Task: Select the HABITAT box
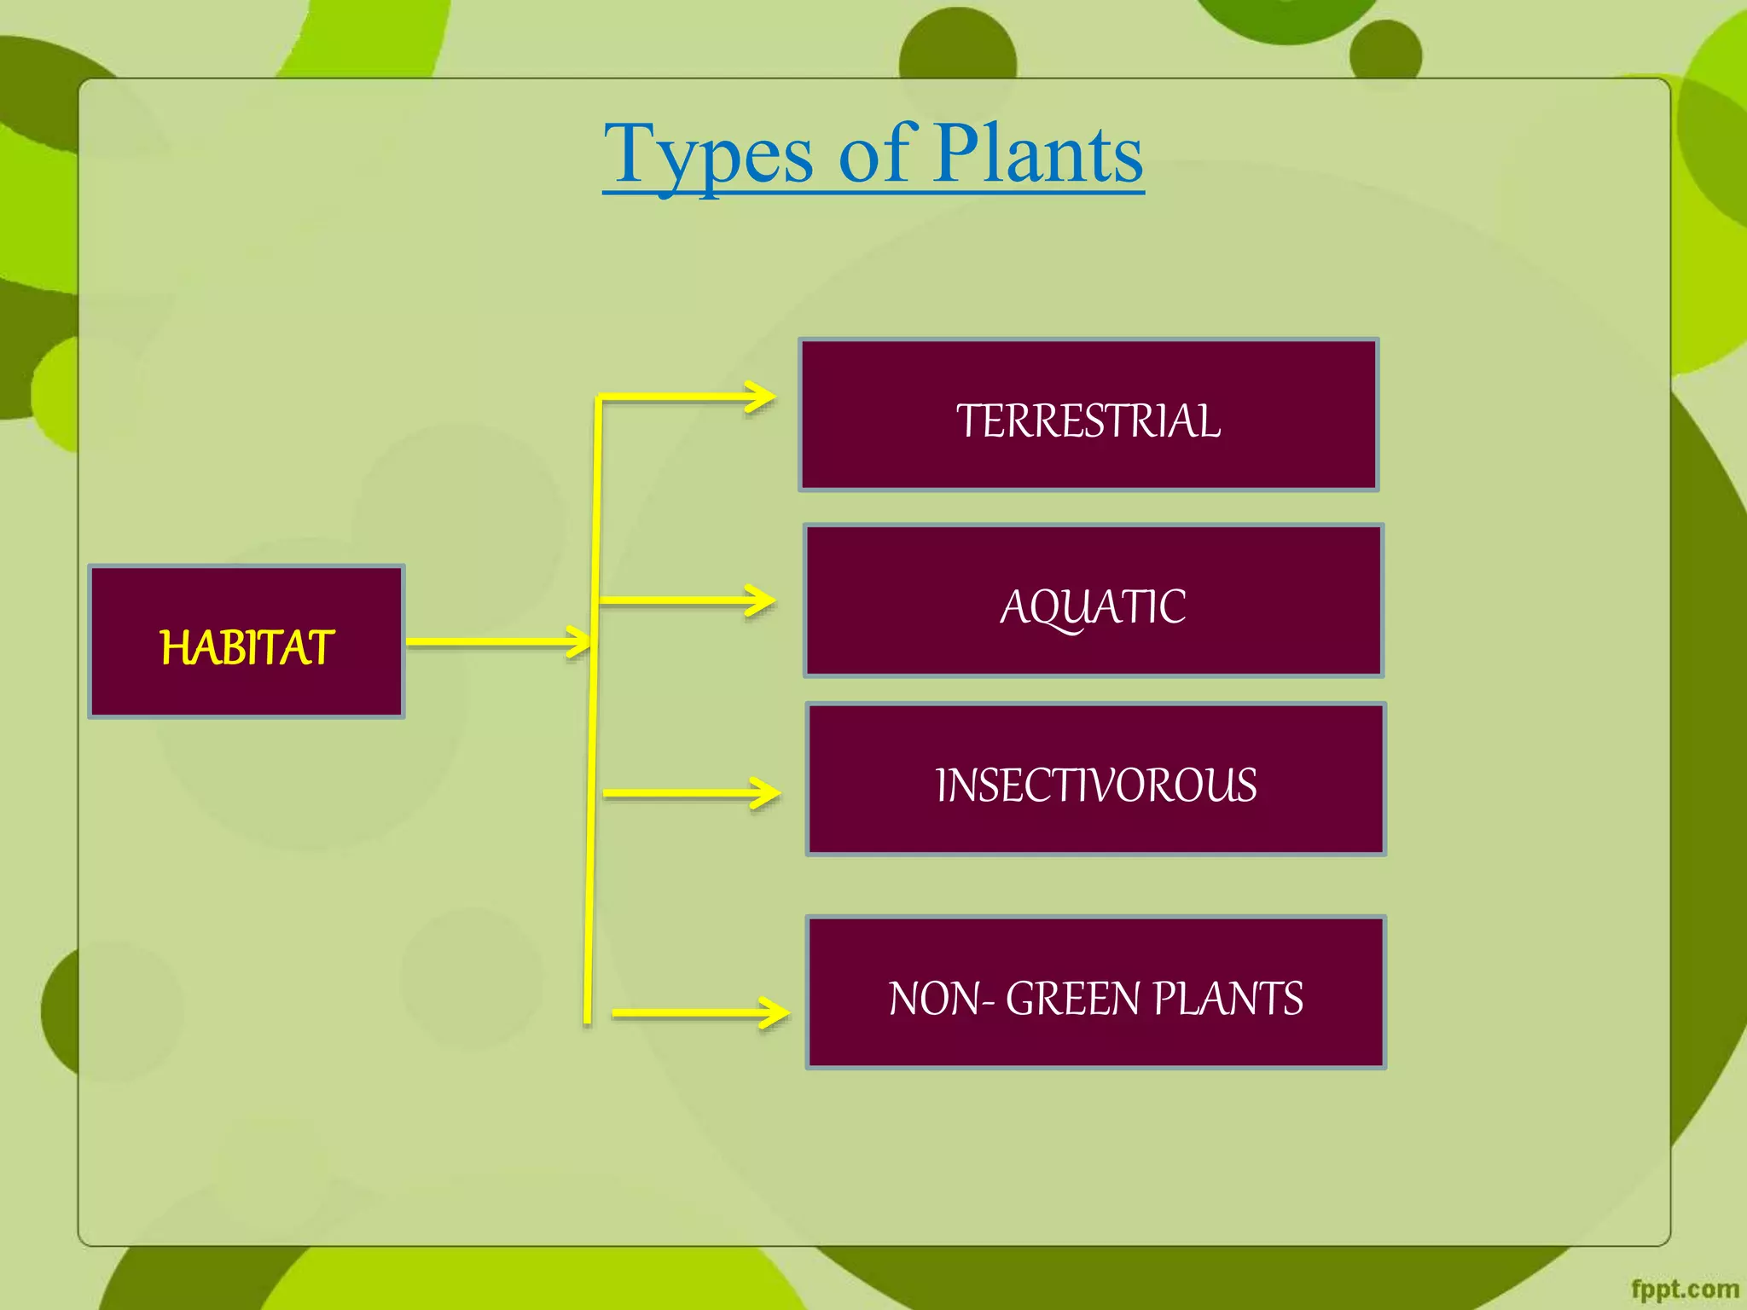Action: click(246, 641)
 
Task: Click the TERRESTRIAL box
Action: click(1088, 414)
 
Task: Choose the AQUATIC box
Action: click(1094, 600)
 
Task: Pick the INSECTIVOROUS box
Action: click(1095, 779)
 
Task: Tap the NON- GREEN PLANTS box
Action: click(1095, 992)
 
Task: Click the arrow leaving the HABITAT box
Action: click(495, 641)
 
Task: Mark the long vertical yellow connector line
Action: click(592, 768)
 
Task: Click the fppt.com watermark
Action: click(1684, 1289)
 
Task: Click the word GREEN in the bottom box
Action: click(1072, 999)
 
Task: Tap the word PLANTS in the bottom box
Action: click(1228, 999)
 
